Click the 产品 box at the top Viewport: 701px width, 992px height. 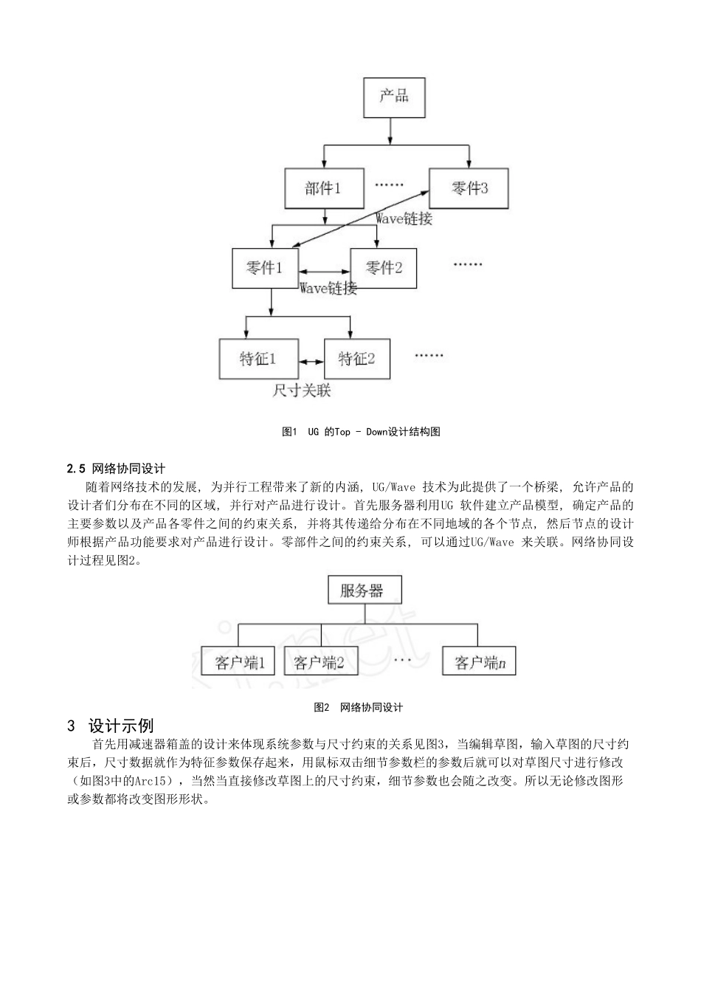[394, 96]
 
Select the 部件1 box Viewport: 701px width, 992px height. [324, 188]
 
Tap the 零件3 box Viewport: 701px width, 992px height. [470, 188]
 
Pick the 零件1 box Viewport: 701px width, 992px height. [263, 267]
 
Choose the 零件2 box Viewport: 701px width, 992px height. [383, 267]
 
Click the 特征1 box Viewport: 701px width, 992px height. [258, 359]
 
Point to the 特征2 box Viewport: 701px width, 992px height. [357, 359]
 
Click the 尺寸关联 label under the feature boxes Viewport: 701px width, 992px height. [302, 390]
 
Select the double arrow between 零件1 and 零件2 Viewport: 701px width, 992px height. [322, 272]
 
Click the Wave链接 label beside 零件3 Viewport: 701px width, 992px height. [404, 218]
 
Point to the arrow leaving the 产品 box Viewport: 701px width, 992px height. [391, 130]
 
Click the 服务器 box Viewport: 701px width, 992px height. [362, 590]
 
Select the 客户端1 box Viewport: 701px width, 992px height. [238, 662]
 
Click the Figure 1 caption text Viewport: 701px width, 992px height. [361, 432]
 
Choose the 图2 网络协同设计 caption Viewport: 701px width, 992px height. [358, 707]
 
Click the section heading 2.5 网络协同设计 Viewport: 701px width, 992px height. [116, 468]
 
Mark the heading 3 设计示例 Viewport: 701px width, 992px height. [111, 726]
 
